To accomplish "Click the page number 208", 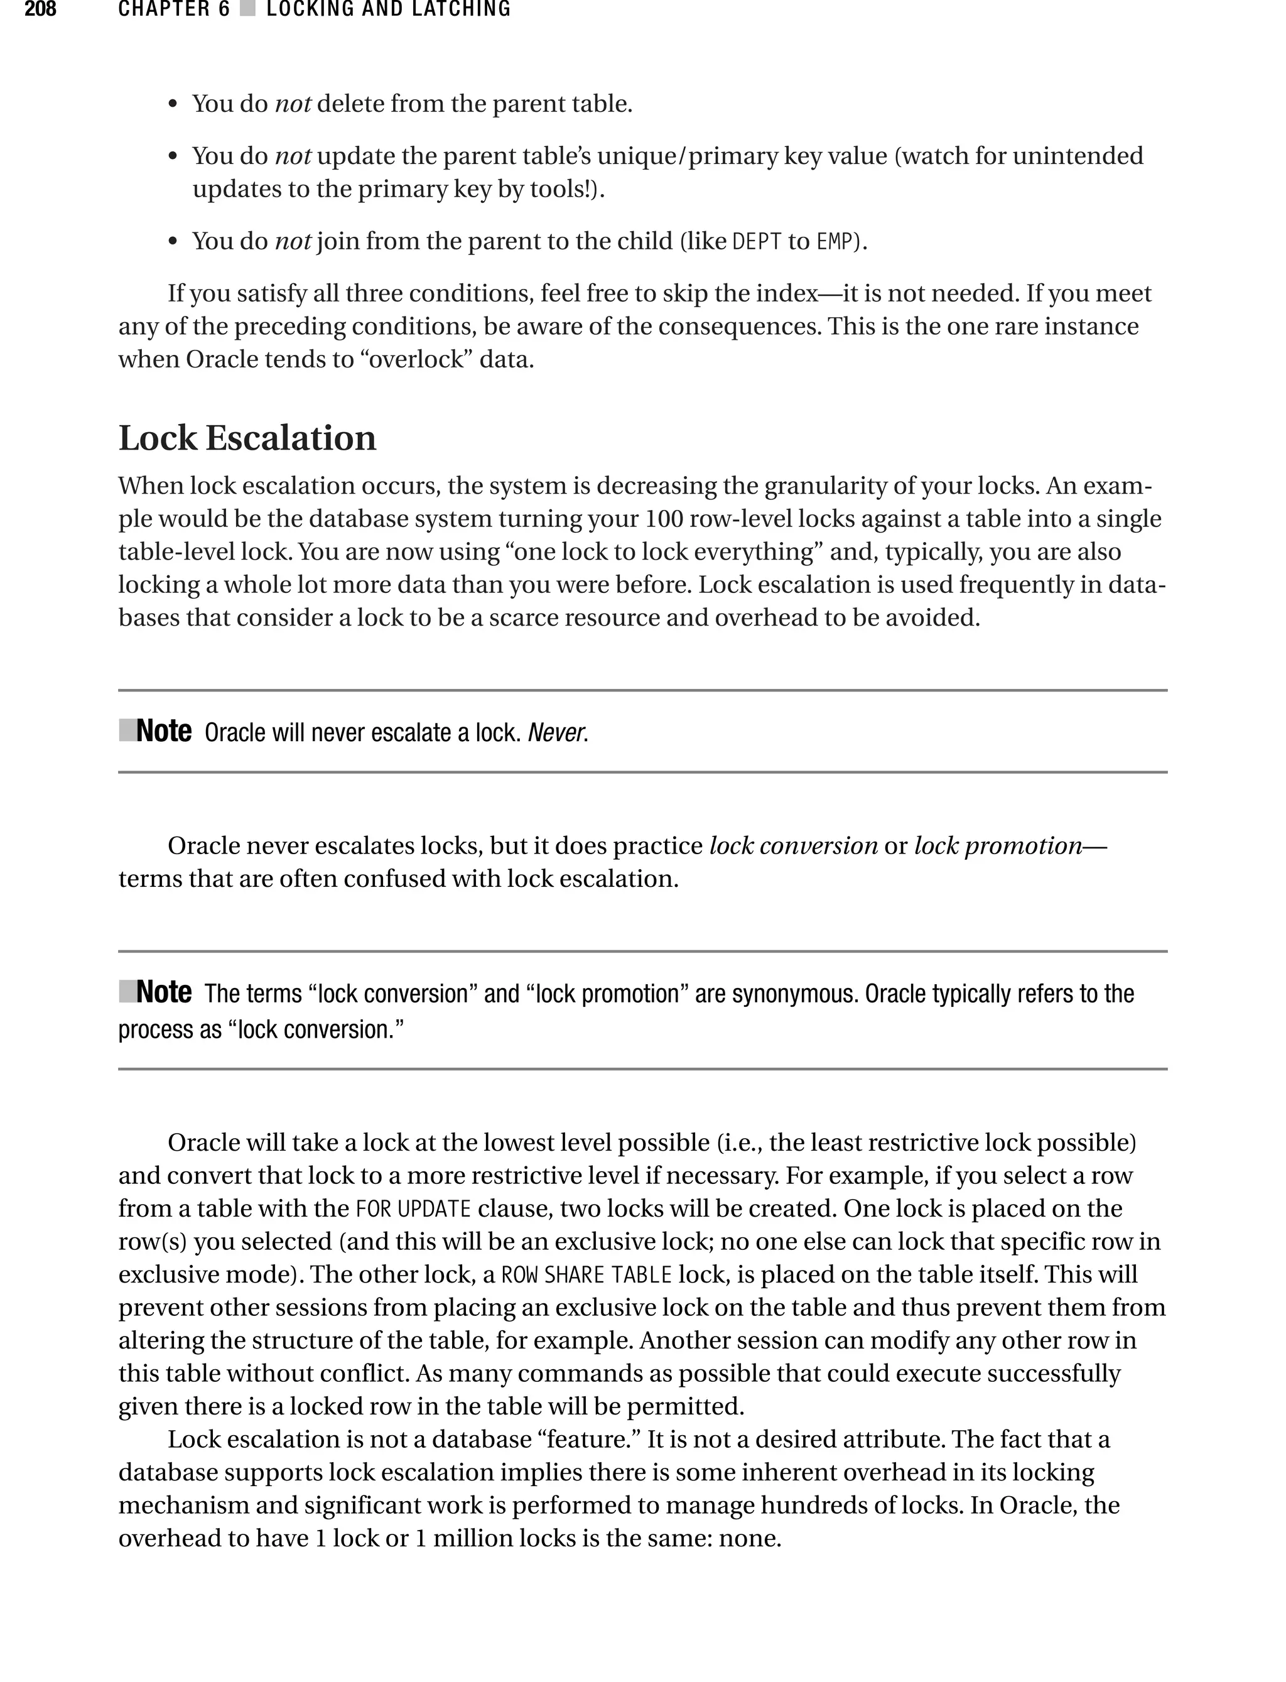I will pos(40,10).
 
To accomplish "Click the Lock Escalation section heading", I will pos(247,438).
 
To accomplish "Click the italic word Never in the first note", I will pos(556,733).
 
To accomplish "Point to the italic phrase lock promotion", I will pos(997,845).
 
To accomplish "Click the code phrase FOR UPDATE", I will pos(413,1209).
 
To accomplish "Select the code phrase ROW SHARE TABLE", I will pos(586,1275).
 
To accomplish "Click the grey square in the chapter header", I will pos(247,10).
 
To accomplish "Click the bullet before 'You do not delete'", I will pos(173,105).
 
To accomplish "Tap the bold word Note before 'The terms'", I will pos(163,992).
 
